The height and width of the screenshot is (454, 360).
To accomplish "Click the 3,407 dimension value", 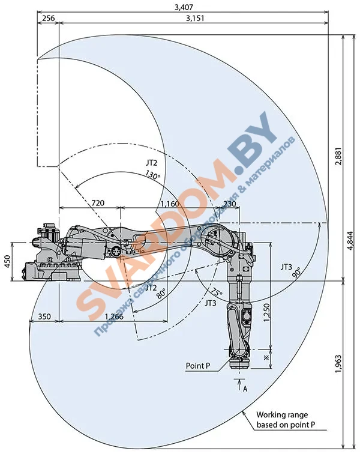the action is point(184,7).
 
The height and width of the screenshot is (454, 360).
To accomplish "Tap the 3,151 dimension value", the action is point(195,18).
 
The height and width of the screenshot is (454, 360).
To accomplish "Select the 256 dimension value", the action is point(49,18).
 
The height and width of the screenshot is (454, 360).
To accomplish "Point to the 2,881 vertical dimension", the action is point(338,156).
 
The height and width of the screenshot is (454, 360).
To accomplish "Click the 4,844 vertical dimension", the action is point(350,240).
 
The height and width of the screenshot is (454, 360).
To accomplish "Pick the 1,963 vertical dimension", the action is point(338,364).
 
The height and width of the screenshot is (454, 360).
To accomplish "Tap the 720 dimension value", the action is point(98,203).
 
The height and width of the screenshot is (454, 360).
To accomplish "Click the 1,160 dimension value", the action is point(170,204).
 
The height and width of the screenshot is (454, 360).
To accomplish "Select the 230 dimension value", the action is point(230,204).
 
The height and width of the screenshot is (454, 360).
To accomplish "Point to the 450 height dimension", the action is point(7,261).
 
